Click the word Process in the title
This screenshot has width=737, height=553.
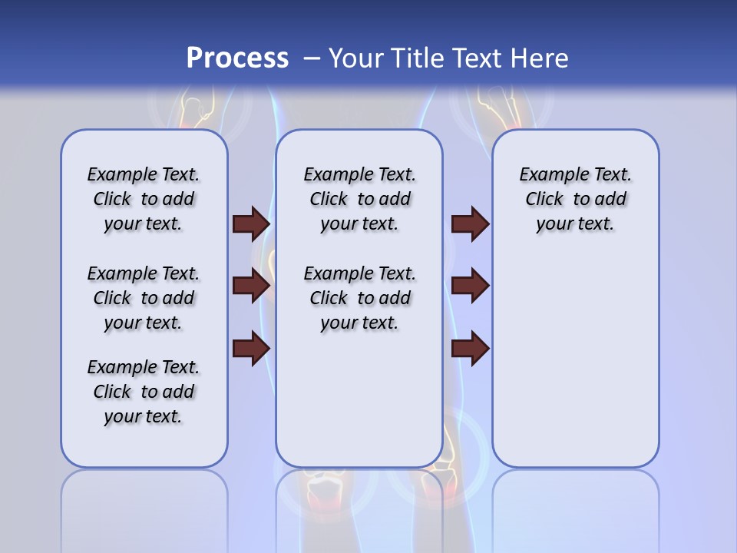(x=237, y=58)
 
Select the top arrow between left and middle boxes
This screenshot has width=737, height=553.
(x=251, y=224)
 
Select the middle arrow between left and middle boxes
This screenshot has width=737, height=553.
(x=251, y=286)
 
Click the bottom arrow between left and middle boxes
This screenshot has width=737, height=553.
(x=251, y=349)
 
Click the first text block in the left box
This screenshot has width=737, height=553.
(x=144, y=199)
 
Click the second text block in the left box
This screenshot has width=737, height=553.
(x=144, y=298)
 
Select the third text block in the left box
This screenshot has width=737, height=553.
(x=144, y=392)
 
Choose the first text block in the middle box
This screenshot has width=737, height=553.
(x=359, y=199)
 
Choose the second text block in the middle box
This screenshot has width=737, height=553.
(x=359, y=298)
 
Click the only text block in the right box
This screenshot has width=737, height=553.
(x=575, y=199)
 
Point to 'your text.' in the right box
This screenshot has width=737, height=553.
(x=575, y=224)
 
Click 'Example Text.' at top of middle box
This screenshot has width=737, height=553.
(x=359, y=174)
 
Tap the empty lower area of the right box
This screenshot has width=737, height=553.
(x=575, y=369)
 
